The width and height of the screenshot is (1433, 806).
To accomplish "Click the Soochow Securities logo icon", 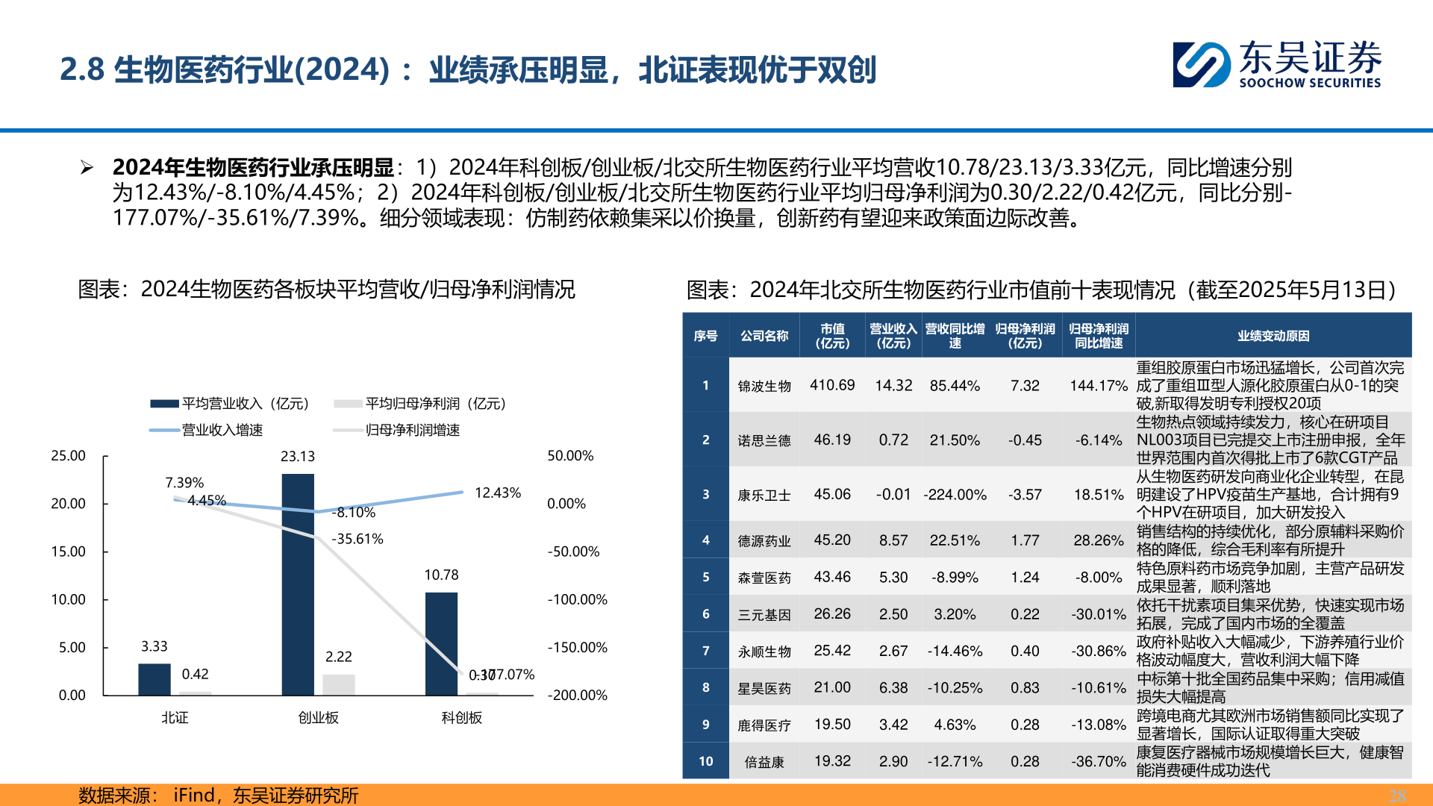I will [x=1200, y=65].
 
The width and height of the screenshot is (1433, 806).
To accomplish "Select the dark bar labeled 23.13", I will [x=298, y=584].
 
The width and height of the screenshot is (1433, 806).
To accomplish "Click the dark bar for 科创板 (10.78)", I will [x=441, y=643].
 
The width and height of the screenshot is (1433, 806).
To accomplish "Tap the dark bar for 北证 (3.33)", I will [x=154, y=678].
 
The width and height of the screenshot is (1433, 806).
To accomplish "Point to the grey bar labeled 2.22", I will [x=338, y=684].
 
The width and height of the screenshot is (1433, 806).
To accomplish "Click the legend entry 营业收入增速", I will [x=222, y=430].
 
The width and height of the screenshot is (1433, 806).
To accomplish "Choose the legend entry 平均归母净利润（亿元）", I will [x=435, y=404].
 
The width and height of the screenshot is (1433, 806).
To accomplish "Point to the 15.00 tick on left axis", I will [x=68, y=552].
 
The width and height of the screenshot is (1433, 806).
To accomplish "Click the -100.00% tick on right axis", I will [x=577, y=599].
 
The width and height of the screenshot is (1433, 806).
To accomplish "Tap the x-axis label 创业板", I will [x=318, y=717].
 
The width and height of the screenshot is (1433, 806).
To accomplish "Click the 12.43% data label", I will [x=497, y=493].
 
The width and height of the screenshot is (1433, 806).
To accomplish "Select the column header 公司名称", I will [x=764, y=336].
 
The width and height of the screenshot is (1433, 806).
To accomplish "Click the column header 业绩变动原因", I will [x=1273, y=336].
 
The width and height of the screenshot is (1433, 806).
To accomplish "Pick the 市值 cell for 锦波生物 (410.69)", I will [x=832, y=385].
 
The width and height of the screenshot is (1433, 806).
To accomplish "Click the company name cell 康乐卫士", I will [x=764, y=495].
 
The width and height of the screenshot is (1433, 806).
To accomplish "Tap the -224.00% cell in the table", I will [x=955, y=495].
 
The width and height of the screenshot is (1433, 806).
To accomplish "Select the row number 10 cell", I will [x=705, y=761].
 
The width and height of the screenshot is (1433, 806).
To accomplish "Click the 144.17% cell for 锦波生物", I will [x=1098, y=386].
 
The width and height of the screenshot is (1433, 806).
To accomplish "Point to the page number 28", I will [x=1396, y=796].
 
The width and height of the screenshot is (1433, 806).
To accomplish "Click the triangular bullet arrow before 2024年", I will [x=87, y=168].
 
